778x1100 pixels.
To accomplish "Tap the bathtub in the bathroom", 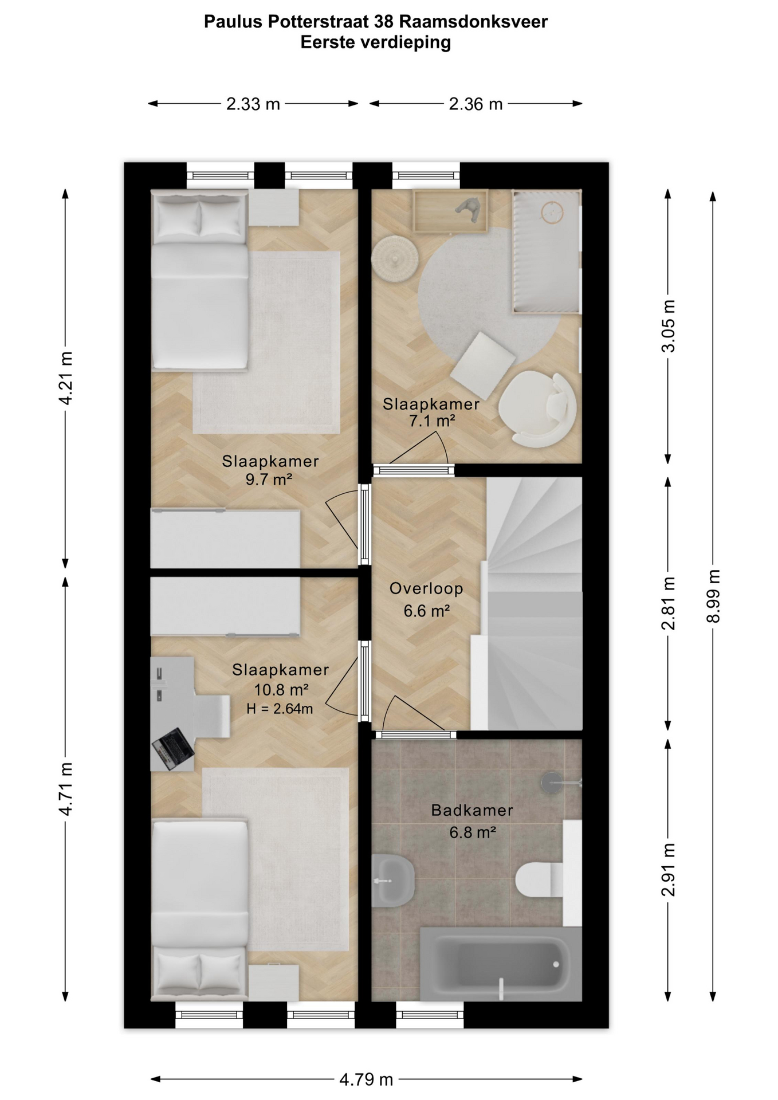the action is click(x=501, y=964).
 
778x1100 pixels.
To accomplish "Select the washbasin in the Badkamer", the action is click(x=392, y=880).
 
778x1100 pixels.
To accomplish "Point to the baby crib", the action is click(x=547, y=252).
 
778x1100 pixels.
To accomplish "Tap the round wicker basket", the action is click(x=395, y=258).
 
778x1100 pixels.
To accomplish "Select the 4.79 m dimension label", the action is click(x=366, y=1080).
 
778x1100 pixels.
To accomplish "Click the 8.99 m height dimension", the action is click(x=713, y=596).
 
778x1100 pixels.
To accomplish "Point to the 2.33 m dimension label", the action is click(x=253, y=104).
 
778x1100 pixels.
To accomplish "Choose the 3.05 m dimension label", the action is click(x=668, y=326).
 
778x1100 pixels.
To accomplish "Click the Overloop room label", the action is click(x=426, y=588).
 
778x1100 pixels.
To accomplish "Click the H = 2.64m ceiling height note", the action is click(x=280, y=709).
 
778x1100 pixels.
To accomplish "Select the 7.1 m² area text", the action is click(x=432, y=421).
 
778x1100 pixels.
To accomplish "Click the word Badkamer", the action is click(x=472, y=811).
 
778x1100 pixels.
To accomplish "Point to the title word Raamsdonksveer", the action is click(x=473, y=22).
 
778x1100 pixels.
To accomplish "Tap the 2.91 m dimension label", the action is click(x=668, y=870).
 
